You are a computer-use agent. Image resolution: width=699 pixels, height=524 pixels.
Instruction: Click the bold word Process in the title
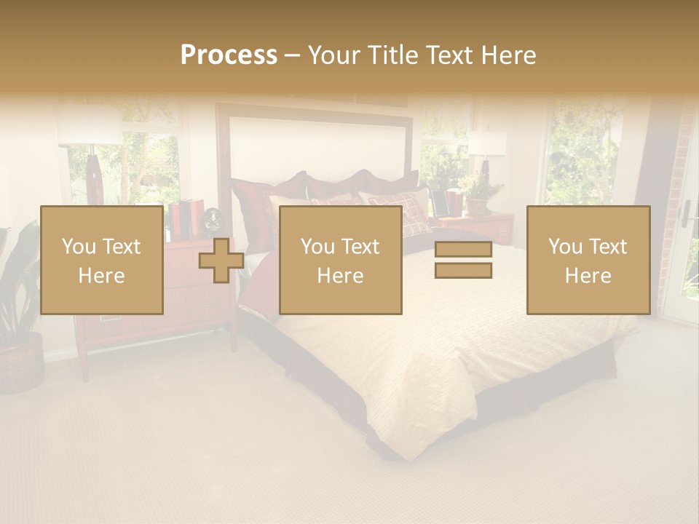pos(229,55)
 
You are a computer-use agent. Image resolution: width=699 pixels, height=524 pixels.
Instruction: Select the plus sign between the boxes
pos(221,261)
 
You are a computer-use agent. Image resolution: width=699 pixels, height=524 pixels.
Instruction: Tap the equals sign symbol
pos(463,260)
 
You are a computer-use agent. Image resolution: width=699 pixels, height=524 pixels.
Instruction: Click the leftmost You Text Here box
pos(101,261)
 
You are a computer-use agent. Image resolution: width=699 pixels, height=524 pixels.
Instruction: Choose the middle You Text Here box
pos(340,261)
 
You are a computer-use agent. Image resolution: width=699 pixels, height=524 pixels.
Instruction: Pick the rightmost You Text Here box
pos(588,261)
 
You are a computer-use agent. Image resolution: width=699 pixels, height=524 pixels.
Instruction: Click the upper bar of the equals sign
pos(463,250)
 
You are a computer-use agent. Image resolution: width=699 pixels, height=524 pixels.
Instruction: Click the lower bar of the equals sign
pos(463,271)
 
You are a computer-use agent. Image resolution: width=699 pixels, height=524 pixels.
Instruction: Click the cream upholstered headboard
pos(320,146)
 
